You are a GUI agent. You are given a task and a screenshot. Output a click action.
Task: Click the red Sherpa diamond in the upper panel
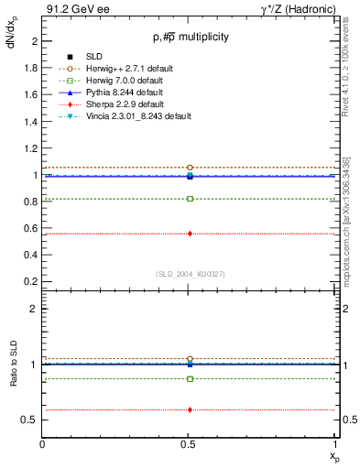tap(190, 234)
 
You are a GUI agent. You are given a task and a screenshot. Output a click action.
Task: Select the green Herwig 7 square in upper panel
tap(190, 199)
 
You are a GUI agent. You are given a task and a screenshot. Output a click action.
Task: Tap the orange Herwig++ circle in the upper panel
tap(190, 168)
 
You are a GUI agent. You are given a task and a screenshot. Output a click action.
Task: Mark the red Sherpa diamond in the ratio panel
tap(190, 409)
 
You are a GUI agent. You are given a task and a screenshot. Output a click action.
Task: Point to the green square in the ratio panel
tap(190, 378)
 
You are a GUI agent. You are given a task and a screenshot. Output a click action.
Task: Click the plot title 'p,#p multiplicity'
tap(190, 37)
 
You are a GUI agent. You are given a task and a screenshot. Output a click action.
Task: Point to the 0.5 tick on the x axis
tap(190, 444)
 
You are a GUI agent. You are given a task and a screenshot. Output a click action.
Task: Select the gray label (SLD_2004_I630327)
tap(190, 274)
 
